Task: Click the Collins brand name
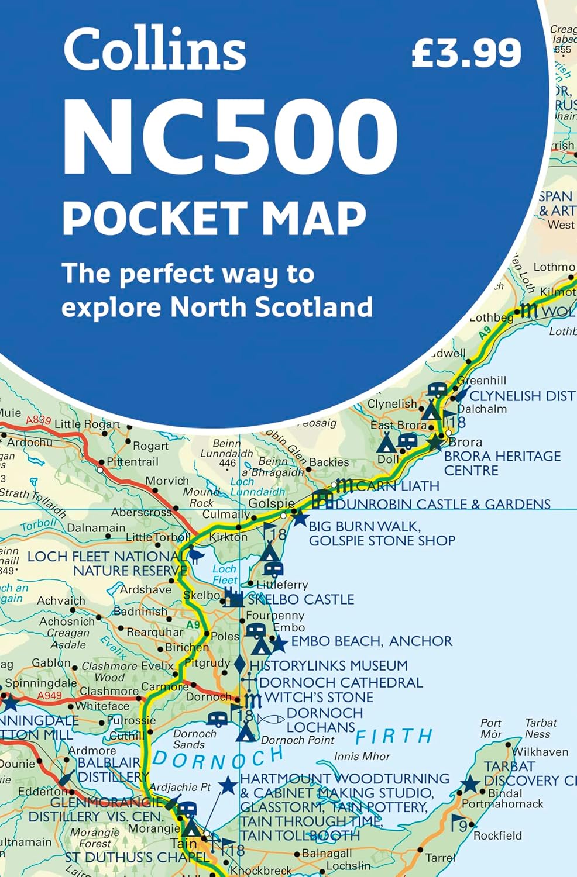[154, 50]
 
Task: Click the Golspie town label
[272, 503]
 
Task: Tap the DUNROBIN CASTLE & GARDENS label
[443, 504]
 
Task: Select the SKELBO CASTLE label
[301, 599]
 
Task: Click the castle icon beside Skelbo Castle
[233, 598]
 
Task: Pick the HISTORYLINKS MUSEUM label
[328, 665]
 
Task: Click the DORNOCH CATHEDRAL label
[341, 682]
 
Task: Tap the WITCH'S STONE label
[318, 698]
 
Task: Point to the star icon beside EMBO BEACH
[279, 643]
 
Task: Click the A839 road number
[39, 419]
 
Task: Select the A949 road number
[49, 695]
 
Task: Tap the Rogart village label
[150, 446]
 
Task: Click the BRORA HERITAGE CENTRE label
[502, 463]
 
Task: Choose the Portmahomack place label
[502, 804]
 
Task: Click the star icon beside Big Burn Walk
[300, 518]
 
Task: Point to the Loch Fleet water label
[225, 574]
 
